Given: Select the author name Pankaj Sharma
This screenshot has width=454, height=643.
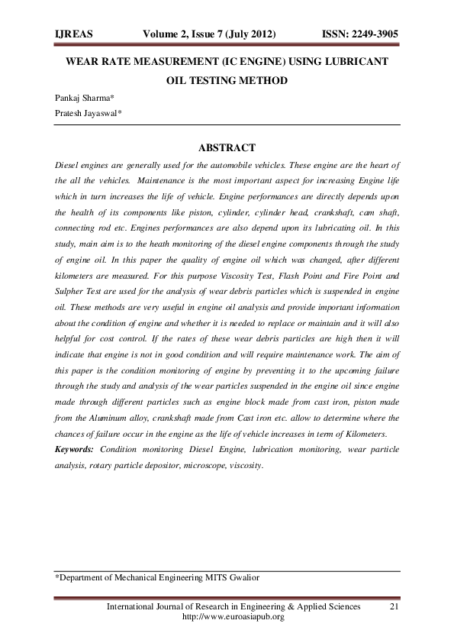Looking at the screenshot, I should (82, 98).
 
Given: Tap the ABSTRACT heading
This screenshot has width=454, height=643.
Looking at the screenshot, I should (227, 147).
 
